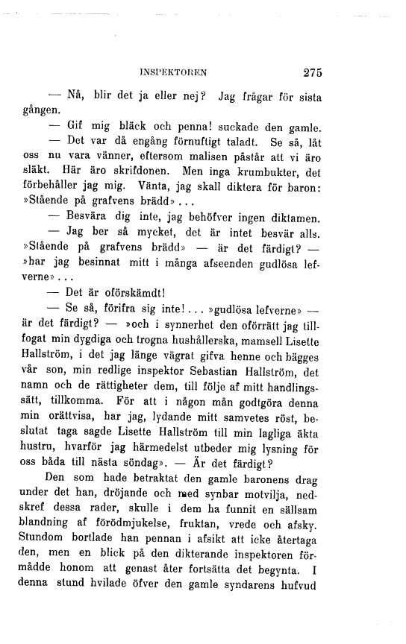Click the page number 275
pyautogui.click(x=307, y=73)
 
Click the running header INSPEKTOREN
pyautogui.click(x=173, y=73)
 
